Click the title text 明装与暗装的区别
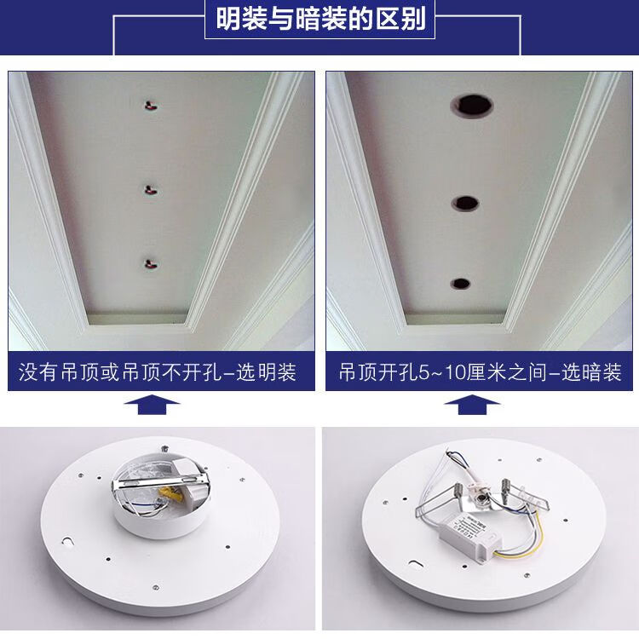click(x=320, y=19)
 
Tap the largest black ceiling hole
click(x=472, y=105)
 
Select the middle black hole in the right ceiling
click(x=465, y=203)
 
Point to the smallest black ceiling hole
click(x=460, y=283)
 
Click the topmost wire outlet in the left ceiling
click(x=151, y=106)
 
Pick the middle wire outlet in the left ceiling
click(x=151, y=189)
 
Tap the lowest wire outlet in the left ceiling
click(x=151, y=264)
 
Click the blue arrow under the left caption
click(x=152, y=404)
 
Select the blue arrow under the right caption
click(x=472, y=404)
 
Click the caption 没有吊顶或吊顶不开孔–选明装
click(x=158, y=372)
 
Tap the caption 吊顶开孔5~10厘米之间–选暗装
click(x=480, y=372)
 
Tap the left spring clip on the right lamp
click(x=440, y=499)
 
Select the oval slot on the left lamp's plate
click(x=66, y=541)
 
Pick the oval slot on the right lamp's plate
click(x=416, y=564)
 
